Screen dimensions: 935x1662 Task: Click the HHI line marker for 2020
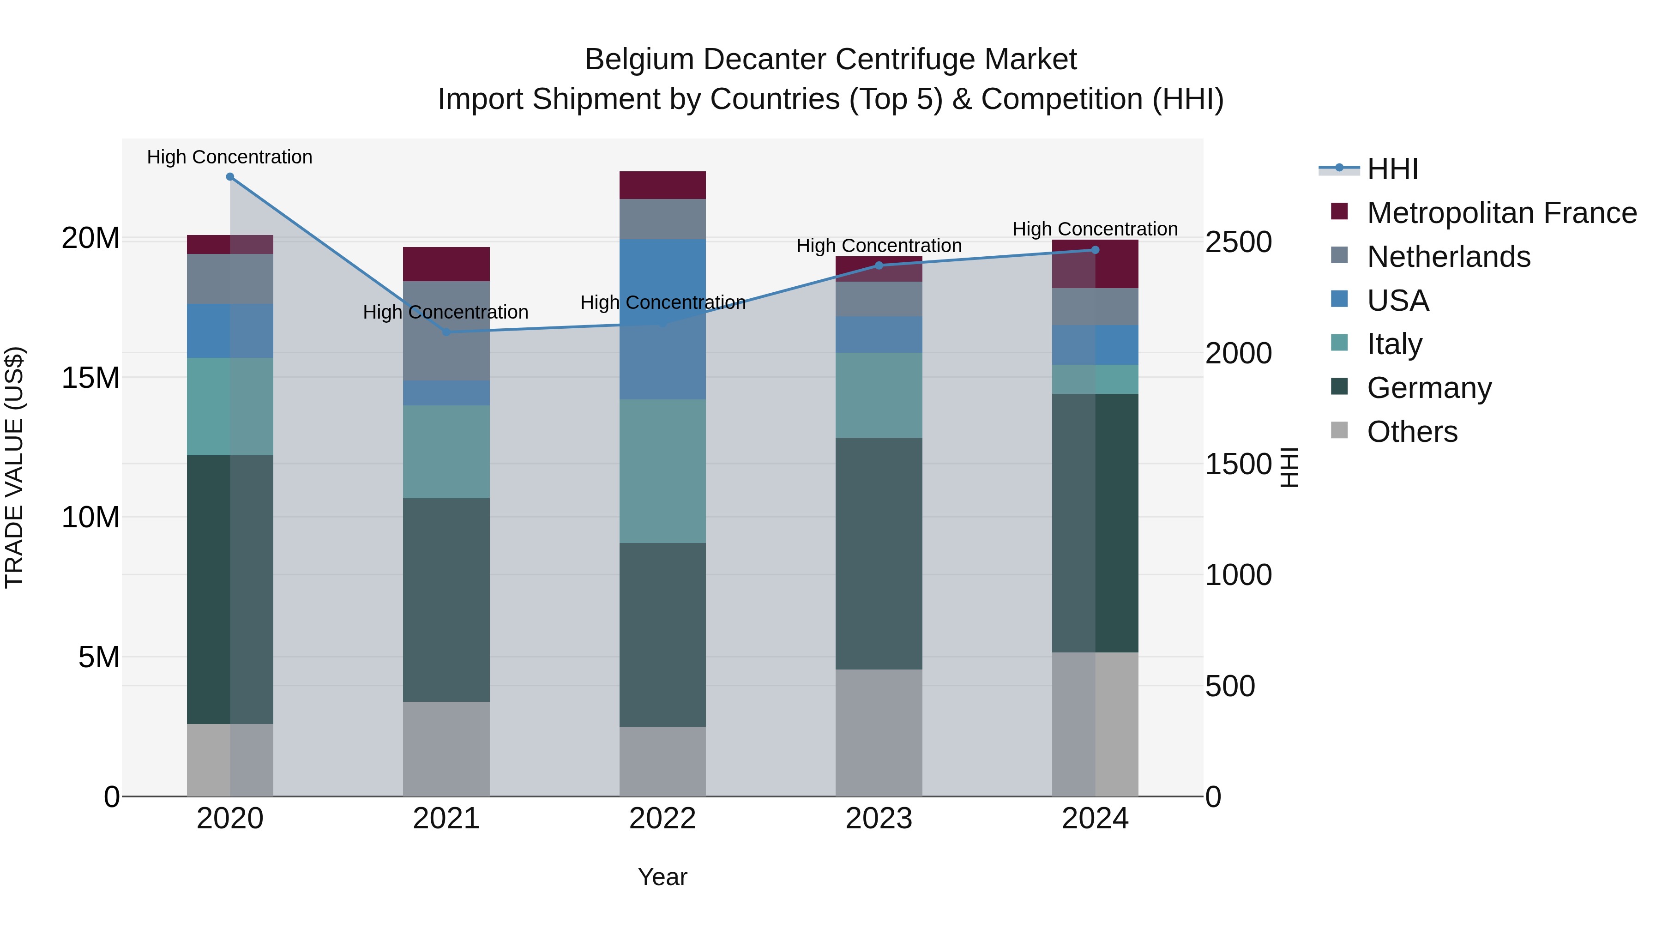click(x=230, y=177)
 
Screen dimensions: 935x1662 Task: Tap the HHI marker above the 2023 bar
click(x=879, y=265)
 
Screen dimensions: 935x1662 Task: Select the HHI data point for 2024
click(x=1095, y=250)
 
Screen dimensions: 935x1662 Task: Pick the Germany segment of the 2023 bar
click(x=879, y=553)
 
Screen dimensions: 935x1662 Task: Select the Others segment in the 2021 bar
click(x=446, y=748)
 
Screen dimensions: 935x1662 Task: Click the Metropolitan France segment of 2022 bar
click(x=662, y=185)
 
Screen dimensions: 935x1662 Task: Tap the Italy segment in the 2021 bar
click(x=446, y=452)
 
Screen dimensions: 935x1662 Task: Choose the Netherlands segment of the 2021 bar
click(x=446, y=331)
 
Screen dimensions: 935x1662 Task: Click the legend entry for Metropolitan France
click(x=1501, y=213)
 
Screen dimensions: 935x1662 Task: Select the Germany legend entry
click(x=1429, y=388)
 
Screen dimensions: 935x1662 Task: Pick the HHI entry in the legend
click(x=1392, y=169)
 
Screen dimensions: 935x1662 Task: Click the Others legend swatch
click(x=1339, y=430)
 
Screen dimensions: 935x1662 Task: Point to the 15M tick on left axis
click(x=90, y=378)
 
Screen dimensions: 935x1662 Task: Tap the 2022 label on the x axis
click(x=662, y=819)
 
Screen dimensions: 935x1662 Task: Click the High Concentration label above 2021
click(x=446, y=312)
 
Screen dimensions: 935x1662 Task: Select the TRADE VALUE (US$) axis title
click(x=14, y=467)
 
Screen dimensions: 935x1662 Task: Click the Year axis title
click(x=662, y=877)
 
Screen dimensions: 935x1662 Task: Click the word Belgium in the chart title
click(x=639, y=60)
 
